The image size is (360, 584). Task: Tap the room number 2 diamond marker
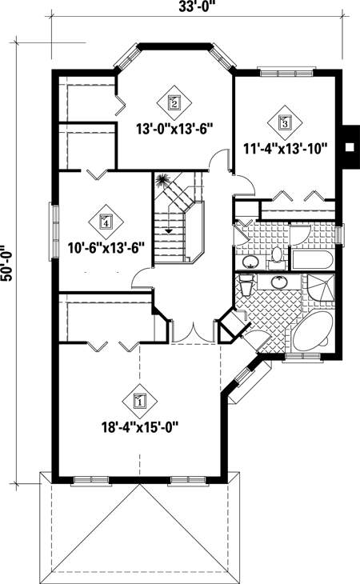(174, 102)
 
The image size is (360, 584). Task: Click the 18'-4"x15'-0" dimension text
(140, 426)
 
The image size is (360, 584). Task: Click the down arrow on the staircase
(168, 230)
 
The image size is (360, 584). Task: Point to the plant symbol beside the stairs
(164, 182)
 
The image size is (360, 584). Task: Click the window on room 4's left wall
(55, 232)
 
